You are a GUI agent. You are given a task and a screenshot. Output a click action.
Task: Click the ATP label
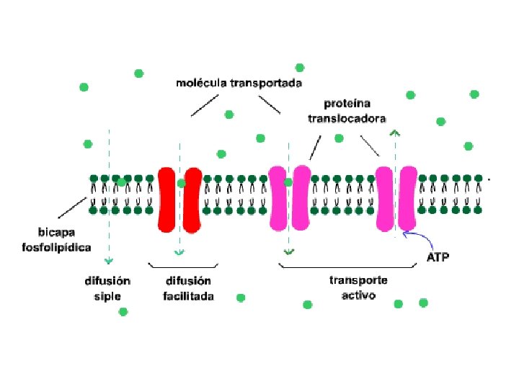pos(438,257)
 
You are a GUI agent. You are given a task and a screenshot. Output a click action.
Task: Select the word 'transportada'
pos(266,83)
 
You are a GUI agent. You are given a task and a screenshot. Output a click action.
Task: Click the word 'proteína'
pos(347,104)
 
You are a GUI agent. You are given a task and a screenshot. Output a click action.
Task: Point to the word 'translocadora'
pos(347,118)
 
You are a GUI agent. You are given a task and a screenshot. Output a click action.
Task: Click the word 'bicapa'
pos(56,232)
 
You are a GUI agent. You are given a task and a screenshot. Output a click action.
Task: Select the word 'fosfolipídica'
pos(56,247)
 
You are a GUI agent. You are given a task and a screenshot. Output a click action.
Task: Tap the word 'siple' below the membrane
pos(107,296)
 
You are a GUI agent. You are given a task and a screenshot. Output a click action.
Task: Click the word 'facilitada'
pos(188,296)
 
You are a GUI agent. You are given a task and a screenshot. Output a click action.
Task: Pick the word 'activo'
pos(358,295)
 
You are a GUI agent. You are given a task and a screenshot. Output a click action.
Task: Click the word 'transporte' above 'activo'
pos(358,280)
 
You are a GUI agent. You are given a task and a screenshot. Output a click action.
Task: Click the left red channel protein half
pos(167,200)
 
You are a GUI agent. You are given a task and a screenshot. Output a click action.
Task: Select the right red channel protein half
pos(192,200)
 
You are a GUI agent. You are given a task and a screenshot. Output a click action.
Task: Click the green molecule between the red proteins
pos(181,183)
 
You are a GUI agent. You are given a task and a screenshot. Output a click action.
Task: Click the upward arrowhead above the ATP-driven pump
pos(395,133)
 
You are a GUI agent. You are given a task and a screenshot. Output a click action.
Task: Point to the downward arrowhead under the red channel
pos(179,253)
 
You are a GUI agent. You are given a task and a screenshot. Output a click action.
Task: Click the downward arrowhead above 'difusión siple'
pos(109,261)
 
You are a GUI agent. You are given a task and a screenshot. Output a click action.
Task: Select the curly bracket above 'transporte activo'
pos(347,266)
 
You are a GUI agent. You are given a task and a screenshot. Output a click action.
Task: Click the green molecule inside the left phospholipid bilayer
pos(122,182)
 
